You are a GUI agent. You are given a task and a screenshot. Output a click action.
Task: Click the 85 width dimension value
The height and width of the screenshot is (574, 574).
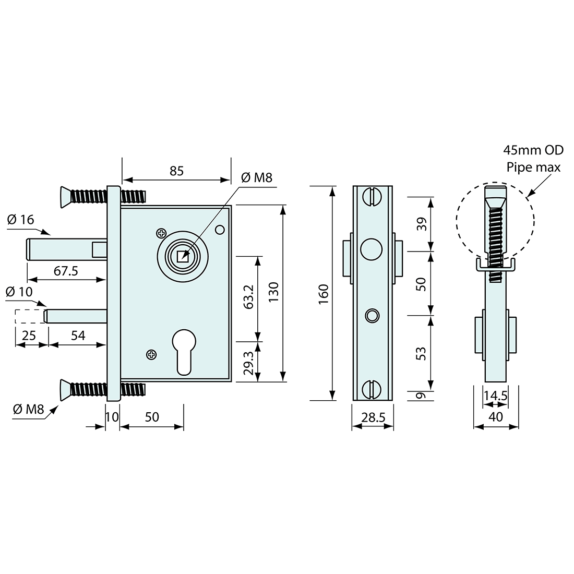pyautogui.click(x=176, y=171)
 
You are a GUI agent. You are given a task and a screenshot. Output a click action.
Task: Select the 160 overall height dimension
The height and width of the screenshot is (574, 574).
pyautogui.click(x=323, y=294)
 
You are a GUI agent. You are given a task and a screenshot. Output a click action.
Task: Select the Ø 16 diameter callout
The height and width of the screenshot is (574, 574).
pyautogui.click(x=21, y=220)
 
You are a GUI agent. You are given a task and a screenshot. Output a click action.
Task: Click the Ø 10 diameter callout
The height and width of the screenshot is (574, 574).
pyautogui.click(x=19, y=292)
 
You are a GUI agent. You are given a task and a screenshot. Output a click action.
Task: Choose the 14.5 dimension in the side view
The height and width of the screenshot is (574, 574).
pyautogui.click(x=495, y=396)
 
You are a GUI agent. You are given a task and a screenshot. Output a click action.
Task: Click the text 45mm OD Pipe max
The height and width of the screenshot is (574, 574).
pyautogui.click(x=533, y=159)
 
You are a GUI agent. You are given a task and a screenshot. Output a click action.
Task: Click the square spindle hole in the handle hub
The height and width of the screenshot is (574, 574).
pyautogui.click(x=182, y=257)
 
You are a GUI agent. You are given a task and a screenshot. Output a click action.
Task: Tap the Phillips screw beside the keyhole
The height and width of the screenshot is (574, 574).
pyautogui.click(x=151, y=355)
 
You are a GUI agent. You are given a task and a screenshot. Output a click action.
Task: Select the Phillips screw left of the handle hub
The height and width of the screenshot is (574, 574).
pyautogui.click(x=161, y=232)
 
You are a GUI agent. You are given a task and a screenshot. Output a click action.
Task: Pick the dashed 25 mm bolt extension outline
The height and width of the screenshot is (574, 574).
pyautogui.click(x=29, y=317)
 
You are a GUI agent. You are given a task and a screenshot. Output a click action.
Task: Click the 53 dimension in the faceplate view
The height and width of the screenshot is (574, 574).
pyautogui.click(x=422, y=353)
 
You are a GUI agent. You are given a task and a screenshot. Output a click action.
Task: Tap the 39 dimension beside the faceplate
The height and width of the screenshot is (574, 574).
pyautogui.click(x=422, y=224)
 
